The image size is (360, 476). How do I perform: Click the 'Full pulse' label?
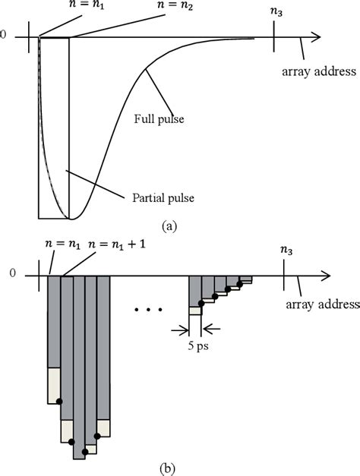click(x=161, y=118)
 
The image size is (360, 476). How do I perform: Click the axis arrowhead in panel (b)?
click(x=324, y=276)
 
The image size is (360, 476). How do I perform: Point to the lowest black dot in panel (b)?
click(x=84, y=452)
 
